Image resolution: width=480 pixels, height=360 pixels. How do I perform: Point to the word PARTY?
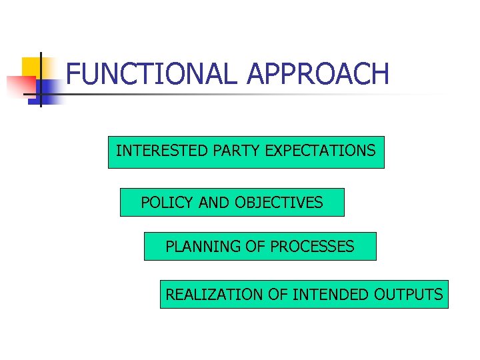237,151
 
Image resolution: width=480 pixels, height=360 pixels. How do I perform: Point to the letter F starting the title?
73,74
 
